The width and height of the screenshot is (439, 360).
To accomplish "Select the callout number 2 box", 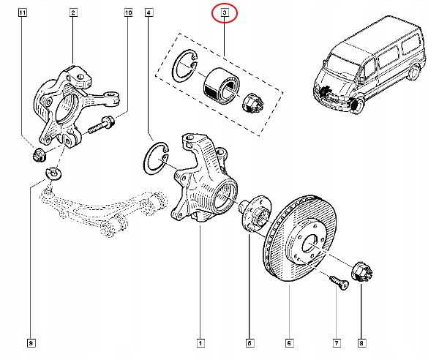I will tap(74, 13).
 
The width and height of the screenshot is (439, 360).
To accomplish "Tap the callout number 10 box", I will tap(129, 13).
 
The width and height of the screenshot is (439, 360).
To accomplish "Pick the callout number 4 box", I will tap(149, 13).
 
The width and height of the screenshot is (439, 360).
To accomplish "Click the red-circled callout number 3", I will tap(225, 13).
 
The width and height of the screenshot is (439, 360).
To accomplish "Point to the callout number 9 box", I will tap(31, 342).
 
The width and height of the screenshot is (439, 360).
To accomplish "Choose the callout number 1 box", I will tap(200, 342).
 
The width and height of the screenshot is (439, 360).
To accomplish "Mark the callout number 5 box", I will tap(249, 342).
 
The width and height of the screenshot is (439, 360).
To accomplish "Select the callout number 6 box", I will tap(289, 342).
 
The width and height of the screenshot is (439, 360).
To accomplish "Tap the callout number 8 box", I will tap(361, 342).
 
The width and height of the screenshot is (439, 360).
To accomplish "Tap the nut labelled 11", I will tap(37, 154).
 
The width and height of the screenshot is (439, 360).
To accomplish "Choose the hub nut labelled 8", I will tap(361, 272).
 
